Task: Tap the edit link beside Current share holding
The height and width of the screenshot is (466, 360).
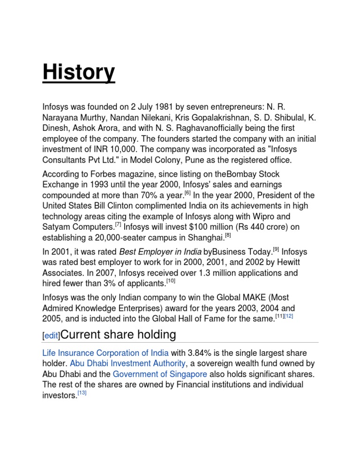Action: click(52, 337)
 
